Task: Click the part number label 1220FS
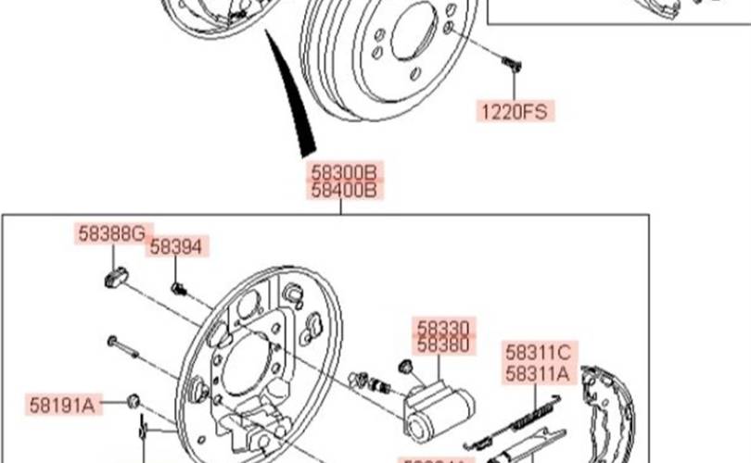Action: pyautogui.click(x=514, y=112)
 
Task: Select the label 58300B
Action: pyautogui.click(x=345, y=172)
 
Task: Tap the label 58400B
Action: pyautogui.click(x=345, y=192)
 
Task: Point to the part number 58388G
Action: pyautogui.click(x=111, y=234)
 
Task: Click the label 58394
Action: pyautogui.click(x=176, y=246)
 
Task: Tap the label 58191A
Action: pyautogui.click(x=62, y=405)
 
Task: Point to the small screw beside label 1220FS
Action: pyautogui.click(x=511, y=65)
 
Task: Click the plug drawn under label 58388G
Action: pyautogui.click(x=112, y=276)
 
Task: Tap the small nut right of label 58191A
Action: pyautogui.click(x=133, y=401)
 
